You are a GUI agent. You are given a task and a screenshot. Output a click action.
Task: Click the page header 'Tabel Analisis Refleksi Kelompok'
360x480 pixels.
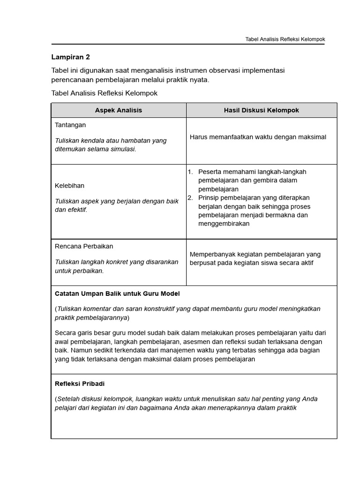click(285, 39)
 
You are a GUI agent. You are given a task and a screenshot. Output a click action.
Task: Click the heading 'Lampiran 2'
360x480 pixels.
click(70, 57)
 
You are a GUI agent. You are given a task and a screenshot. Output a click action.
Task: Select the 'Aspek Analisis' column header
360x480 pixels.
click(119, 110)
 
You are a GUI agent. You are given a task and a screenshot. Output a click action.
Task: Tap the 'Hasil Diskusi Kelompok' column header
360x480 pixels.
click(261, 110)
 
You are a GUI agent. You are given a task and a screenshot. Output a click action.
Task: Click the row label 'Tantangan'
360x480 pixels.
click(70, 125)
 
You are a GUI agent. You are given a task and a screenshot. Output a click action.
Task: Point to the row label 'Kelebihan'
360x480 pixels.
click(69, 186)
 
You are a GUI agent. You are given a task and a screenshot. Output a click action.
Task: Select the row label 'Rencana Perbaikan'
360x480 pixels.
click(84, 246)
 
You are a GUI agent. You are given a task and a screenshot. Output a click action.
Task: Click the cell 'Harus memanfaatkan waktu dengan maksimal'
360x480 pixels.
click(258, 137)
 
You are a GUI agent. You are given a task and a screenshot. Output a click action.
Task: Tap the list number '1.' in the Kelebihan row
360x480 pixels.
click(191, 172)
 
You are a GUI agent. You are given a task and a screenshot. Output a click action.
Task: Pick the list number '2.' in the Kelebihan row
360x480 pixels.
click(191, 198)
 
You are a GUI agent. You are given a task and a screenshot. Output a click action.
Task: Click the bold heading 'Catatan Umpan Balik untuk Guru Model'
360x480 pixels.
click(117, 293)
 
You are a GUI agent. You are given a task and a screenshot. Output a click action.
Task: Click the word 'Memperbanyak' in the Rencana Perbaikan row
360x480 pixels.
click(210, 254)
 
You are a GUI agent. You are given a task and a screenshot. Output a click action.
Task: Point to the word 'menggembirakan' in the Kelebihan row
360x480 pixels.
click(224, 224)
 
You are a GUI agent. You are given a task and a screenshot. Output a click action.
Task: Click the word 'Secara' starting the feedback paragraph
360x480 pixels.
click(65, 333)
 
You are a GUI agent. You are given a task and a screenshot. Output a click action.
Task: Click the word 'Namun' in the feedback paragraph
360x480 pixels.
click(80, 350)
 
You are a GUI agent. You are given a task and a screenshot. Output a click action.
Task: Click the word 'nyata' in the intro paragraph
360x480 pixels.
click(198, 80)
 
